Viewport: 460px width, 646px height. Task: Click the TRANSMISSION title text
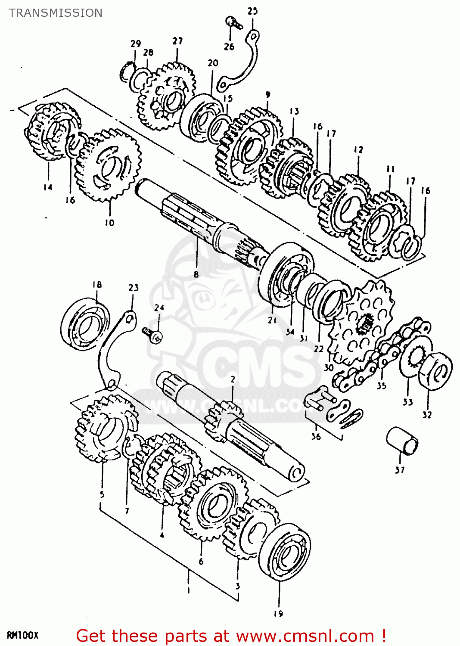(56, 13)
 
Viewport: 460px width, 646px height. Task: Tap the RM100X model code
(23, 635)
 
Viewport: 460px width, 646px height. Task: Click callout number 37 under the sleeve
(400, 469)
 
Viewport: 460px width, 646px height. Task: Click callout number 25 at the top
(252, 11)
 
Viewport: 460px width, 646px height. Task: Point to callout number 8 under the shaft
(196, 274)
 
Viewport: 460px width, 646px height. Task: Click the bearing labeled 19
(285, 552)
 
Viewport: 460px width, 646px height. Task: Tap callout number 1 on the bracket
(188, 590)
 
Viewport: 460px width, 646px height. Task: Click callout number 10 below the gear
(109, 223)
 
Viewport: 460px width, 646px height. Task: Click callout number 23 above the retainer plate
(134, 287)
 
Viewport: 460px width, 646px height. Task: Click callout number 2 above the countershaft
(233, 379)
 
